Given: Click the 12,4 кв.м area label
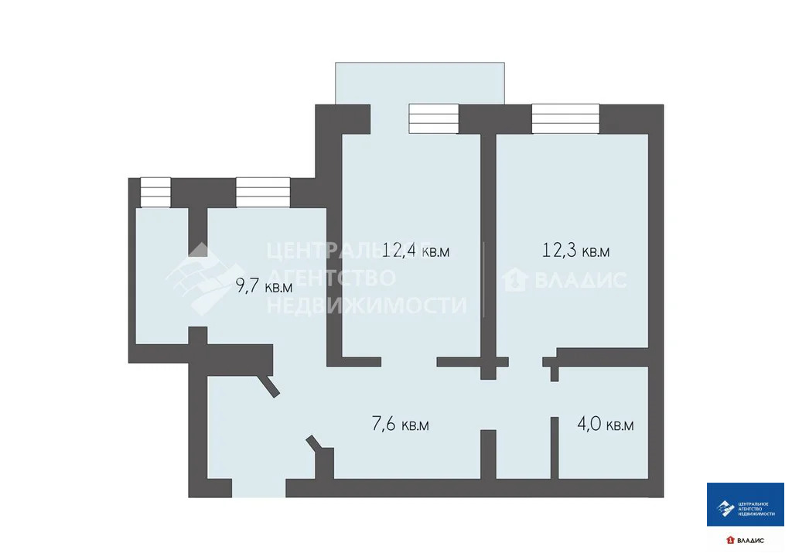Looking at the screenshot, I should point(415,250).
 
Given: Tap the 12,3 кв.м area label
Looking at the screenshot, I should point(575,250).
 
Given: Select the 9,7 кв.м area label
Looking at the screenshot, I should point(264,286).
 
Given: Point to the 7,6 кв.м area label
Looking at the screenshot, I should point(401,424).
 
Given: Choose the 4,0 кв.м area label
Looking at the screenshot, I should point(606,425).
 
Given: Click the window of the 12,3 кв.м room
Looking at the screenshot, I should point(565,118).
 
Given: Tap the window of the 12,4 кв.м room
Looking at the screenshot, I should point(434,118).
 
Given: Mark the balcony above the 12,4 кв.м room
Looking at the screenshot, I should point(419,82).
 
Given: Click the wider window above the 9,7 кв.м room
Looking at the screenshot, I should point(263,192).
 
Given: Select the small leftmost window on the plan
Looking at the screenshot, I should point(155,192).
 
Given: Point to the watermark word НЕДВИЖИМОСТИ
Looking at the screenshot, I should point(367,306).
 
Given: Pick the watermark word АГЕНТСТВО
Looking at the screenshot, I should point(331,278).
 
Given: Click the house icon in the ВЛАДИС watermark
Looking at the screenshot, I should point(514,279).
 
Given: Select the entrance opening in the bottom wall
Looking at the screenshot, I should point(258,488).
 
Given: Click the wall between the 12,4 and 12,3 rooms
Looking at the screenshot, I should point(488,248).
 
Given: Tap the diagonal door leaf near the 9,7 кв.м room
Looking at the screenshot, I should point(270,386).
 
